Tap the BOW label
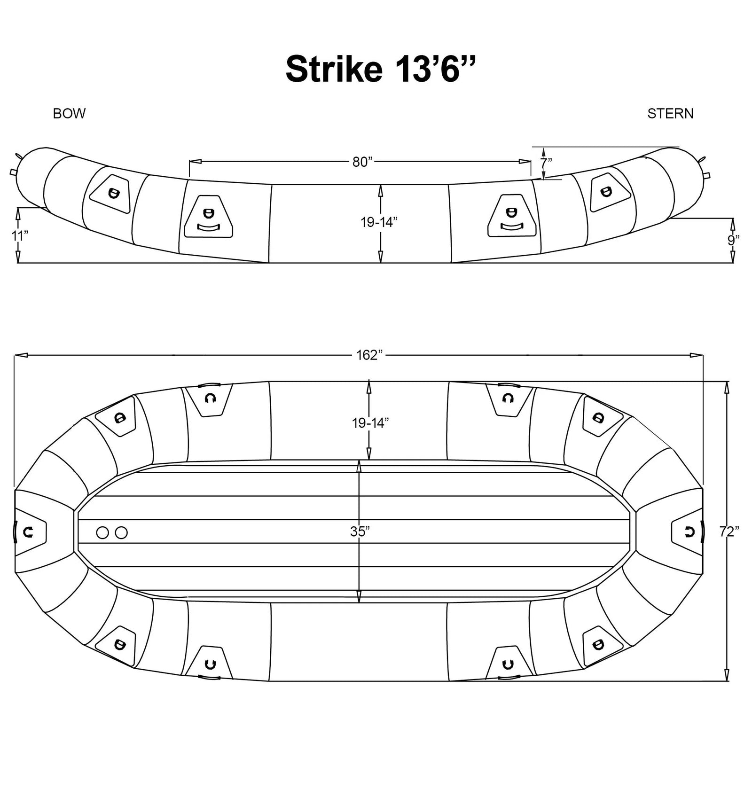click(x=69, y=114)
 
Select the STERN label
click(x=670, y=114)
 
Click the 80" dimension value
click(x=362, y=162)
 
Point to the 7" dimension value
click(x=546, y=163)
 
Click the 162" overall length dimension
click(x=370, y=355)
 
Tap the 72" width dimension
click(x=729, y=531)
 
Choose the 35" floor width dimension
click(x=360, y=531)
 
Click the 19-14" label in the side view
click(x=379, y=222)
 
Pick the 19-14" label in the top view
click(x=370, y=423)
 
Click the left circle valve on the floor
click(x=102, y=532)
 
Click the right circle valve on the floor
click(x=121, y=532)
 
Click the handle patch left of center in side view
click(x=209, y=217)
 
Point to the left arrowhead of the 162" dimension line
click(x=21, y=356)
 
